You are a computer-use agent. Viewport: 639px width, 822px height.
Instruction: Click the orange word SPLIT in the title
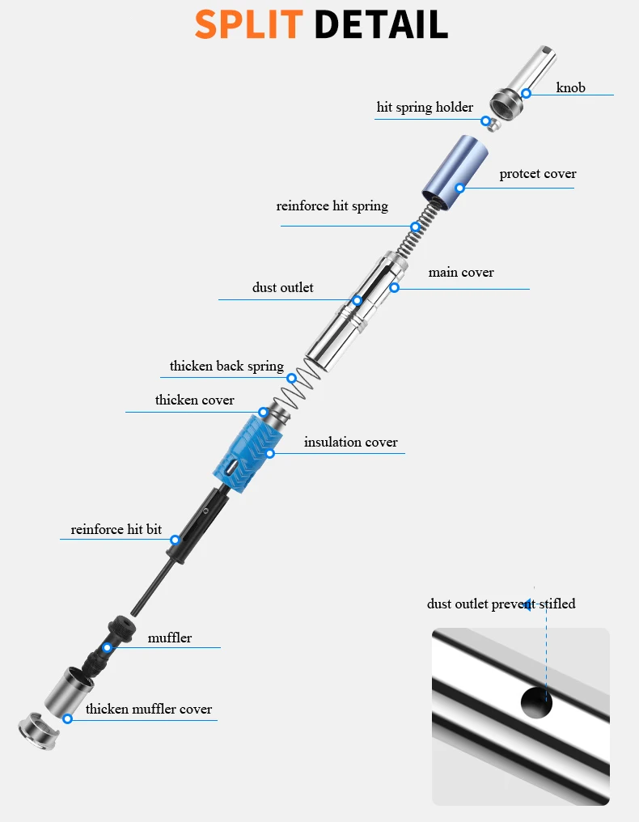tap(249, 24)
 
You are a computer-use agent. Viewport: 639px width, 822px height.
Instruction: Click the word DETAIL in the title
tap(381, 24)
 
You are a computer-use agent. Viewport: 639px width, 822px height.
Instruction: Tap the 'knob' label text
tap(570, 87)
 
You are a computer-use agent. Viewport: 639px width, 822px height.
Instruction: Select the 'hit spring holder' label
tap(425, 108)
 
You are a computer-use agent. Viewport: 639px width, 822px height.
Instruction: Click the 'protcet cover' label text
tap(538, 174)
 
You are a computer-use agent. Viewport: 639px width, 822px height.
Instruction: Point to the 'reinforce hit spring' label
tap(332, 206)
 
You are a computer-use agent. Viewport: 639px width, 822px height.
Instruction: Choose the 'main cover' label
tap(461, 273)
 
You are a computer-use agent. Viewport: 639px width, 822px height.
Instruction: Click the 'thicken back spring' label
tap(226, 367)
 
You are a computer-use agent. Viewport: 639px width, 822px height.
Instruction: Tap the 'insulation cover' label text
tap(351, 443)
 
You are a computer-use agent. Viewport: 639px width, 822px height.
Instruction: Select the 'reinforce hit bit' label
tap(116, 530)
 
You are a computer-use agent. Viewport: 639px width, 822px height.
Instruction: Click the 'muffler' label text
tap(170, 638)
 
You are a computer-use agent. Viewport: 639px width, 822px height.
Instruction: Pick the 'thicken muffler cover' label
tap(149, 710)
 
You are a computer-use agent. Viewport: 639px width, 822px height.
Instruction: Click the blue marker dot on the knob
tap(526, 93)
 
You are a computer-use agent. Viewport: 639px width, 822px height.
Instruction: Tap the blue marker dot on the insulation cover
tap(270, 453)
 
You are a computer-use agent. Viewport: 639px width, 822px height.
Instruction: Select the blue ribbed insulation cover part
tap(243, 453)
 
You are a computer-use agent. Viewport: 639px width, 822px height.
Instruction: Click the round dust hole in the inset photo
tap(535, 701)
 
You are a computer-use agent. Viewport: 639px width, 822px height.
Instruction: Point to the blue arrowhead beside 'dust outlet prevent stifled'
tap(527, 604)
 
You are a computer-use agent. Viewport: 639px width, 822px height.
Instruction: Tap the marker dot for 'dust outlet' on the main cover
tap(357, 300)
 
